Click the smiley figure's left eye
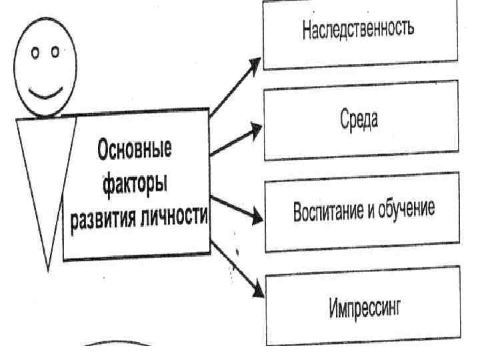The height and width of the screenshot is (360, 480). tap(35, 53)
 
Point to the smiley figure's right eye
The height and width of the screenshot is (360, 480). tap(55, 51)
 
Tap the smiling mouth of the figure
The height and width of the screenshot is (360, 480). tap(46, 92)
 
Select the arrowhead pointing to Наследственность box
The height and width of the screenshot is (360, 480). tap(256, 64)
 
